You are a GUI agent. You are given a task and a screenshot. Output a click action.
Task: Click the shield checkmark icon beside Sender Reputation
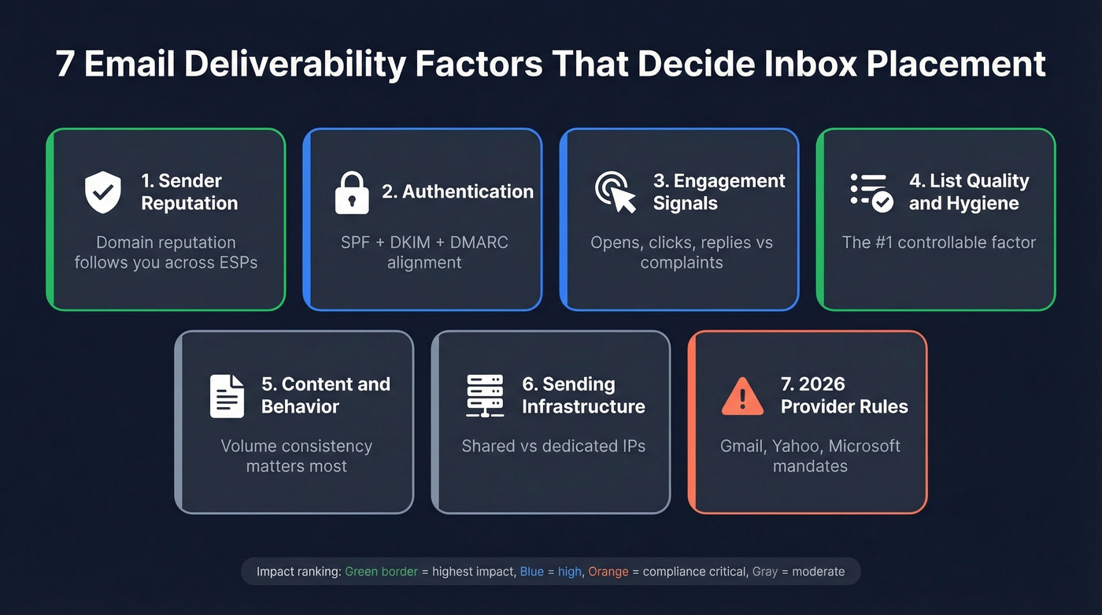coord(103,192)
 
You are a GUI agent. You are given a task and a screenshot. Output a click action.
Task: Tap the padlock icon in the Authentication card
coord(351,192)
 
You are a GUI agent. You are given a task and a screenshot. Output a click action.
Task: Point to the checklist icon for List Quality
coord(871,192)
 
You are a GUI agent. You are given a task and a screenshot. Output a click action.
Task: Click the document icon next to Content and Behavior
coord(227,395)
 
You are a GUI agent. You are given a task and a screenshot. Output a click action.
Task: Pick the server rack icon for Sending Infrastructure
coord(485,395)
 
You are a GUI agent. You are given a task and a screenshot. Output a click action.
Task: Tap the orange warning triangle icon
coord(742,396)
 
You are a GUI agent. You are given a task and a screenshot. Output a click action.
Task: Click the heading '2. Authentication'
coord(457,191)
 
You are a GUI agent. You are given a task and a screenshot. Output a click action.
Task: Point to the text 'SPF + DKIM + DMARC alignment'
coord(424,252)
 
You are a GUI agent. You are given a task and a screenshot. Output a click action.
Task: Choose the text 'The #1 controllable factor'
coord(938,243)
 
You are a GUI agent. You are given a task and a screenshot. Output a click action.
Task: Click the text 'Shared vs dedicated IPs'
coord(553,446)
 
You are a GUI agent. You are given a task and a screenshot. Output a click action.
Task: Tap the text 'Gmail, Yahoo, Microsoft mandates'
coord(810,456)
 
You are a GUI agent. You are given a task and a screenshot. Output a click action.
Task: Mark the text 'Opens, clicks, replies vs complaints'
coord(682,252)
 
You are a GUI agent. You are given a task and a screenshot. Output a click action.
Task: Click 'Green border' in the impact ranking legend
coord(381,572)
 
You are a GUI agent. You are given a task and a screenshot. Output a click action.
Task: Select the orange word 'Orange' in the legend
coord(608,572)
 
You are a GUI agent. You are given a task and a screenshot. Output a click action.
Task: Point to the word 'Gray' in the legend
coord(764,572)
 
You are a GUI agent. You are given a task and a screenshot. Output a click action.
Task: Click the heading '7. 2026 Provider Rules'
coord(844,395)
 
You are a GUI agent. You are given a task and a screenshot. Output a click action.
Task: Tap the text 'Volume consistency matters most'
coord(296,456)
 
